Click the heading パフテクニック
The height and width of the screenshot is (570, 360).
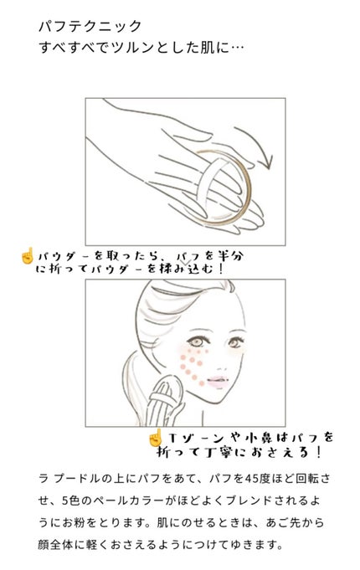[90, 27]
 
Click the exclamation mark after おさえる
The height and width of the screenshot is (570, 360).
[319, 453]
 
